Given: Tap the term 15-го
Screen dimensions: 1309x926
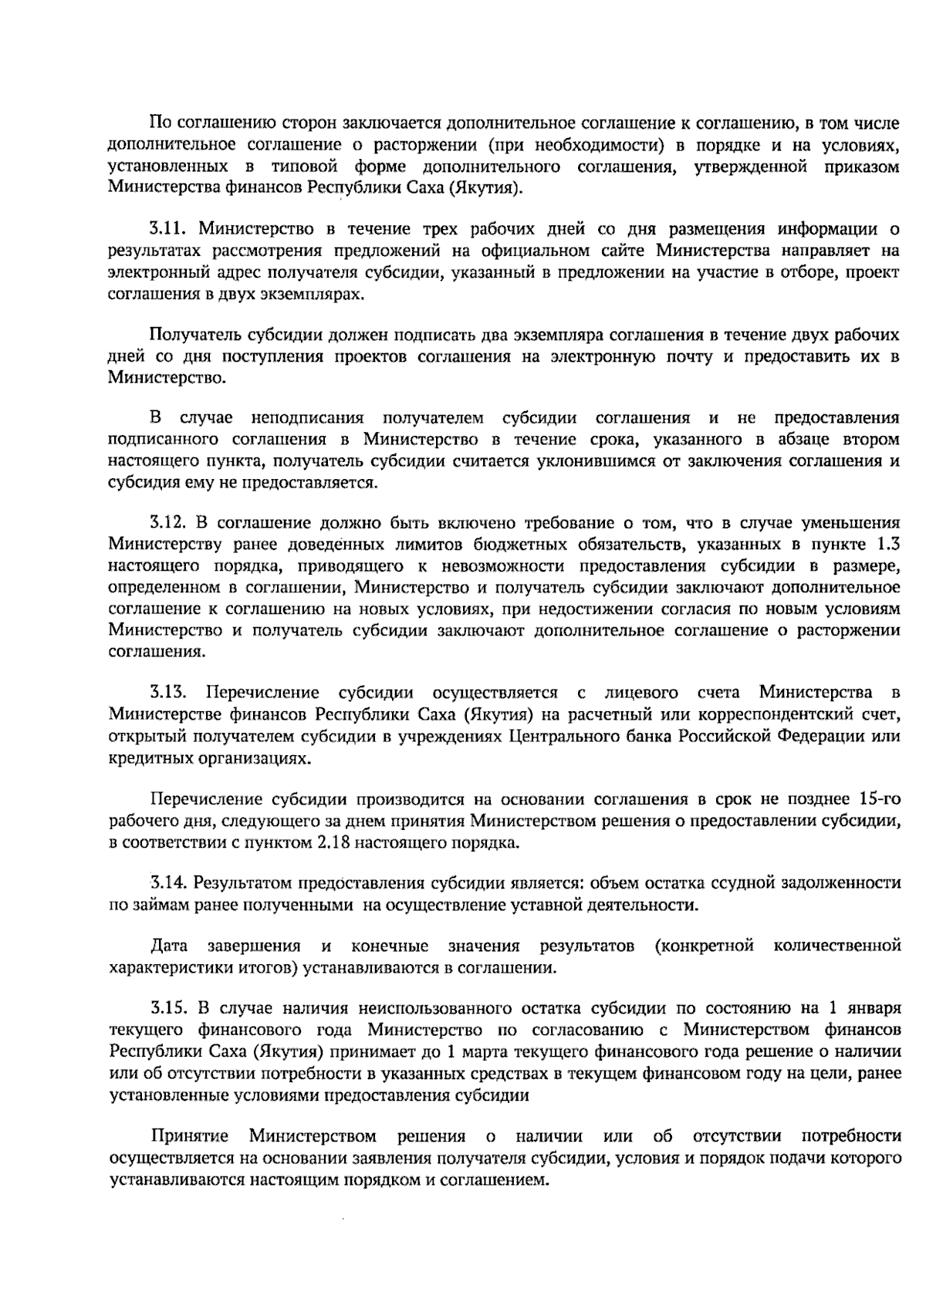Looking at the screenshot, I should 879,798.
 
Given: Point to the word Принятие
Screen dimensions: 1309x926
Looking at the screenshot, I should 190,1136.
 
